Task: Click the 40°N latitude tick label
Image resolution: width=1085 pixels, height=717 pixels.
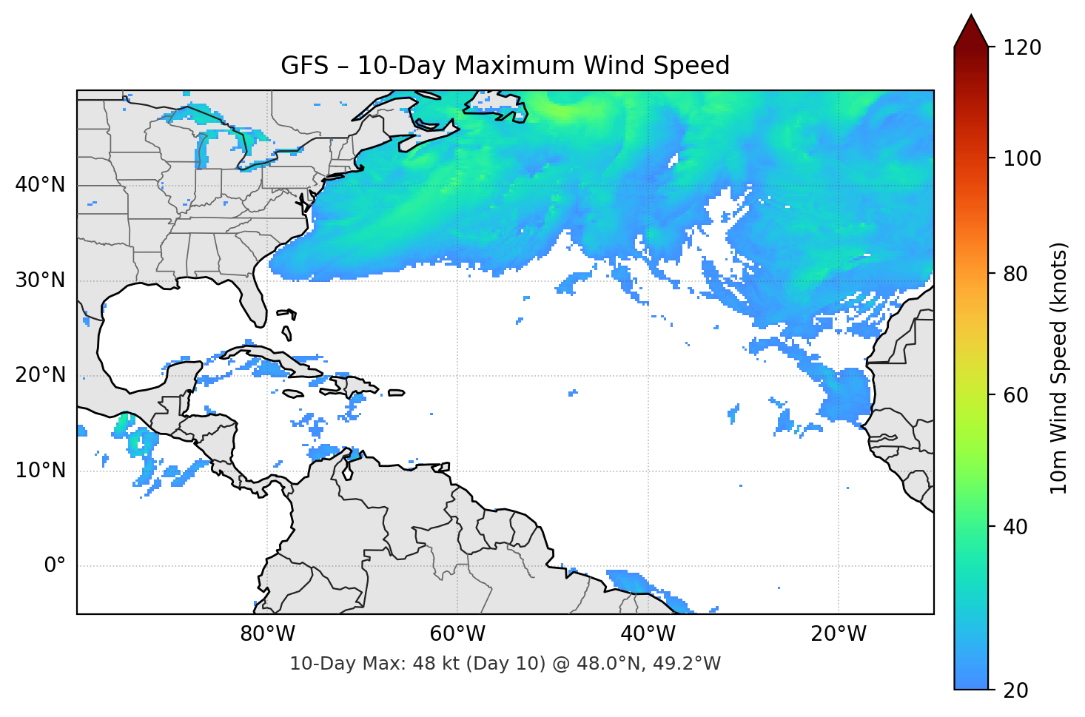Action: click(40, 185)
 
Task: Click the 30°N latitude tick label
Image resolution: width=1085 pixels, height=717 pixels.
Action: click(40, 280)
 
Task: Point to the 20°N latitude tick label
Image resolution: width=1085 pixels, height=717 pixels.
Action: click(40, 375)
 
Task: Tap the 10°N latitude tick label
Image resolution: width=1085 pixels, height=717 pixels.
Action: click(40, 471)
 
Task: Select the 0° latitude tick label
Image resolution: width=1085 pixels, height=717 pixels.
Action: click(55, 566)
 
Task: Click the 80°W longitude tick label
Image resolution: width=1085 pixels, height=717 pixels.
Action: click(268, 634)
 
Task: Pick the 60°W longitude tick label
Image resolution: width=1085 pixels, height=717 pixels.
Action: click(458, 634)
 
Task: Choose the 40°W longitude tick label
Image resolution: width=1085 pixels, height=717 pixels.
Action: click(648, 634)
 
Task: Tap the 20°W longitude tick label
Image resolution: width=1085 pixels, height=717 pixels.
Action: click(839, 634)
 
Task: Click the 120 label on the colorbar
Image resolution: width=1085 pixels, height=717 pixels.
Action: click(1022, 48)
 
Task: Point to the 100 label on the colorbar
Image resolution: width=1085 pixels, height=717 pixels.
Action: click(1022, 158)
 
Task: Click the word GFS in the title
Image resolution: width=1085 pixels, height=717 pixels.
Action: click(304, 66)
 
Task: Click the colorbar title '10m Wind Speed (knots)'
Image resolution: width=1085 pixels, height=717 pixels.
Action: click(1059, 368)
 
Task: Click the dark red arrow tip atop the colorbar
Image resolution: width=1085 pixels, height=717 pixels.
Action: click(971, 30)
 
